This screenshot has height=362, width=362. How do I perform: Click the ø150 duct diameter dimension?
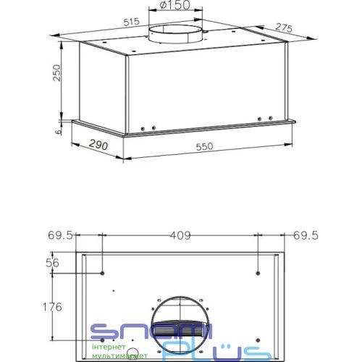pos(175,5)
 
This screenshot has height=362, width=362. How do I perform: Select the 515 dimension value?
pos(132,22)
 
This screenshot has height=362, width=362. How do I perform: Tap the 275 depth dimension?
pos(284,28)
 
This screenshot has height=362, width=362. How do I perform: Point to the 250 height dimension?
pos(56,72)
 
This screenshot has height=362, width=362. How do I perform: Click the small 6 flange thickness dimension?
pos(58,132)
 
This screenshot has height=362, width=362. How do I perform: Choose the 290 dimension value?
pos(98,145)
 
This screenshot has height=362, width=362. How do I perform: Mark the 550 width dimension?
pos(204,146)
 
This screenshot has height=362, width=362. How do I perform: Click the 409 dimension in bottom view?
pos(180,235)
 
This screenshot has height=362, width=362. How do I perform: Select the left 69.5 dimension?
pos(60,235)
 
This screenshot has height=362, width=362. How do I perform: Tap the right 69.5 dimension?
pos(306,235)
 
